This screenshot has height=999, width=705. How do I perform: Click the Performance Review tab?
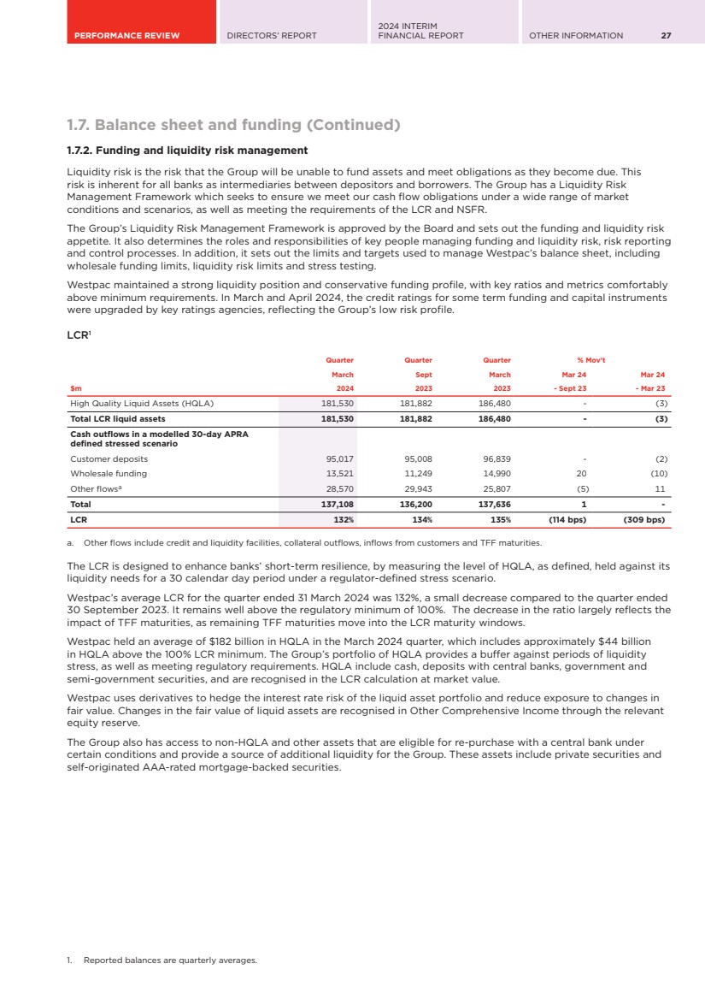coord(126,35)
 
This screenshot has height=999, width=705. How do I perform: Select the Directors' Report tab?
coord(271,35)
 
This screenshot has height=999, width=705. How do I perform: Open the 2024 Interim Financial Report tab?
coord(420,31)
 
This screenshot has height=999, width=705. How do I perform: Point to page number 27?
coord(666,35)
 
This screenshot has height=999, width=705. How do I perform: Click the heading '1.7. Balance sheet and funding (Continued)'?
coord(233,125)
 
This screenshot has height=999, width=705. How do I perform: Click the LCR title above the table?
coord(78,337)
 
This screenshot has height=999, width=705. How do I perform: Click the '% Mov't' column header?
coord(591,360)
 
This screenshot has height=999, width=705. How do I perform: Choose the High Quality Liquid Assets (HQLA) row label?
coord(141,403)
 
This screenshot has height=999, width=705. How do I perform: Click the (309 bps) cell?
coord(642,519)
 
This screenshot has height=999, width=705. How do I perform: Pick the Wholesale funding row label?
coord(108,473)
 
